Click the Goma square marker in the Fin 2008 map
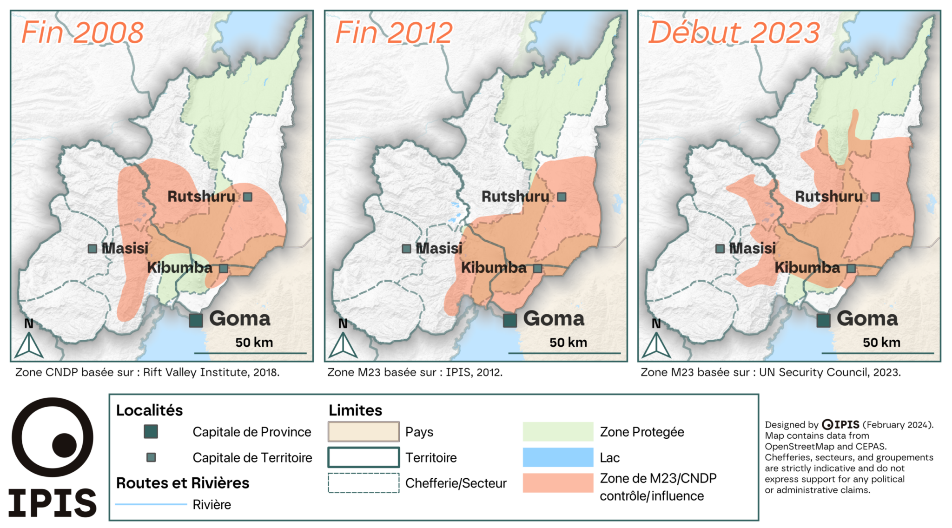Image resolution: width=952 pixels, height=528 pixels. (196, 320)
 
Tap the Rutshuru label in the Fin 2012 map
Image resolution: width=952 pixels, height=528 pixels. (515, 197)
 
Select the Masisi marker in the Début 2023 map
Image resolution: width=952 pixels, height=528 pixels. (720, 249)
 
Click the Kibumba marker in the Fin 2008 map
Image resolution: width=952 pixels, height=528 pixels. (224, 269)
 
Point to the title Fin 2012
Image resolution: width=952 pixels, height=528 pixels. (394, 33)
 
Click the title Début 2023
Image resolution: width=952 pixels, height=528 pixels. (734, 33)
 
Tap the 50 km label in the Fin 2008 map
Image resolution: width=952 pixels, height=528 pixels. (254, 343)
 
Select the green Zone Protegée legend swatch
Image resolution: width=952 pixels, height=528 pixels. (558, 432)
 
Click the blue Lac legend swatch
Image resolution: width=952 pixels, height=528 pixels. (558, 457)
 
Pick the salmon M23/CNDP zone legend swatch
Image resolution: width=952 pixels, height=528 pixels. (558, 483)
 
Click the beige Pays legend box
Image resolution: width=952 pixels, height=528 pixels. (364, 432)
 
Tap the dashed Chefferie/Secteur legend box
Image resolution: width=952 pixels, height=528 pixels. (364, 483)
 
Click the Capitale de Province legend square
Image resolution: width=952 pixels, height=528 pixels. (151, 432)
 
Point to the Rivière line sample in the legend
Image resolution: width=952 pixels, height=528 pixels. (151, 504)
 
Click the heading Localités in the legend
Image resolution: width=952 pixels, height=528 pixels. (149, 410)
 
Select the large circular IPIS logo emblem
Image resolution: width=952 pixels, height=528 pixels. (53, 437)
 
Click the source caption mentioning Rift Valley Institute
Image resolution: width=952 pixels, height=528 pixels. (147, 372)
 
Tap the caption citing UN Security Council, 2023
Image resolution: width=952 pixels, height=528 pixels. (771, 372)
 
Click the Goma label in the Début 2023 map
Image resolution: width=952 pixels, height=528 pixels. (867, 319)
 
